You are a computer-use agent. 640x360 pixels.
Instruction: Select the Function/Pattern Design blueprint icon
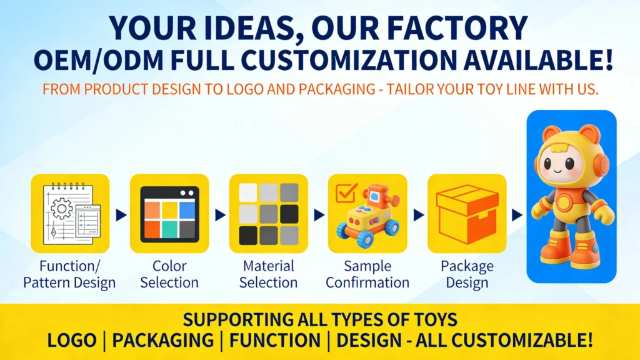coord(70,213)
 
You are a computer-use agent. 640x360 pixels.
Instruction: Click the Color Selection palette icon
coord(169,213)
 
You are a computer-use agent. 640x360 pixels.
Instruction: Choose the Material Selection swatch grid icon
coord(268,213)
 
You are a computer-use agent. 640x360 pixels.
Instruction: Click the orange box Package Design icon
coord(467,213)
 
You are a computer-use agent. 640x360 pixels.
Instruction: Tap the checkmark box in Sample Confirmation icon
coord(346,193)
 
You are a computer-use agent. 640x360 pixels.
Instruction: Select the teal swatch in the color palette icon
coord(169,230)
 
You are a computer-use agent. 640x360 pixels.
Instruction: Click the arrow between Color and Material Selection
coord(219,214)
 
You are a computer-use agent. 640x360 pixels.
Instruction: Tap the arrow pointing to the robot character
coord(516,214)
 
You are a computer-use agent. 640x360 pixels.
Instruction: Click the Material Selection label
coord(268,274)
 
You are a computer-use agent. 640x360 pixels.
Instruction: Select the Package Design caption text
coord(467,274)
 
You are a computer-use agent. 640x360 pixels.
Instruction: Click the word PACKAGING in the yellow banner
coord(162,341)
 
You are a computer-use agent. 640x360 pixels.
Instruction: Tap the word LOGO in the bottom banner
coord(72,341)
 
